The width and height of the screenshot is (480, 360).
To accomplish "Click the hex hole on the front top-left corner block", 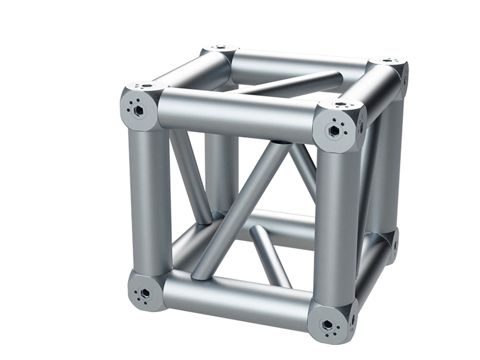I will click(x=138, y=110).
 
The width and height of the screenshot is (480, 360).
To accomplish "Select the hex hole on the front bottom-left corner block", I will click(x=145, y=293).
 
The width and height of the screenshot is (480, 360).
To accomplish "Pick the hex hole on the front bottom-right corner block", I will click(x=327, y=324).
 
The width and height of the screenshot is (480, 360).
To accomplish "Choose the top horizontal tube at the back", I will click(x=300, y=63).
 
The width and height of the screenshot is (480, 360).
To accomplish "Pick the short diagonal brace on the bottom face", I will click(x=270, y=253).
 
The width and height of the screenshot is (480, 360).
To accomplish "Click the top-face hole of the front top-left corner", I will click(x=147, y=86).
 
